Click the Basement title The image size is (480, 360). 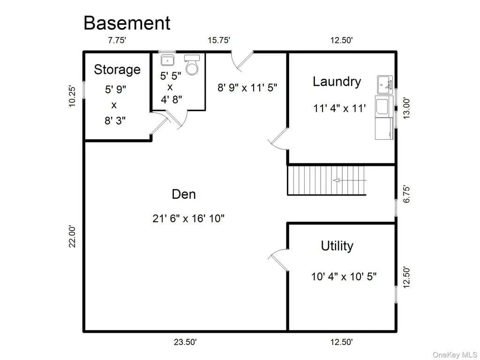click(x=127, y=23)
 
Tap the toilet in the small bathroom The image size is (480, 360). click(x=192, y=65)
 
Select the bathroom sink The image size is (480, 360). click(x=167, y=60)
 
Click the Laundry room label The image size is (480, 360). click(x=337, y=82)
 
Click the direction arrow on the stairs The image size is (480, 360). click(x=349, y=180)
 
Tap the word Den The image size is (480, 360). click(x=184, y=195)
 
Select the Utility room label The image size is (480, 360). click(x=337, y=246)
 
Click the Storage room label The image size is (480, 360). click(x=117, y=70)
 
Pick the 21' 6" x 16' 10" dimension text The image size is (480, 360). click(x=188, y=218)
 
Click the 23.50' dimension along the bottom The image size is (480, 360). click(x=185, y=342)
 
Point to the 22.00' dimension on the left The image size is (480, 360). click(x=72, y=236)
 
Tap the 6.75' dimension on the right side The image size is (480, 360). click(x=406, y=194)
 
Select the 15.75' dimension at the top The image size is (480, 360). click(x=219, y=40)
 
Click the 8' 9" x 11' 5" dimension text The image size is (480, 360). click(x=247, y=88)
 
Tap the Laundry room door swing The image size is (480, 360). click(x=278, y=139)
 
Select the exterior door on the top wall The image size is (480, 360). click(x=242, y=61)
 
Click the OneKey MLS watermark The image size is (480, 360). click(x=455, y=355)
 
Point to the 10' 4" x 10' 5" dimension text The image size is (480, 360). click(x=344, y=277)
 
